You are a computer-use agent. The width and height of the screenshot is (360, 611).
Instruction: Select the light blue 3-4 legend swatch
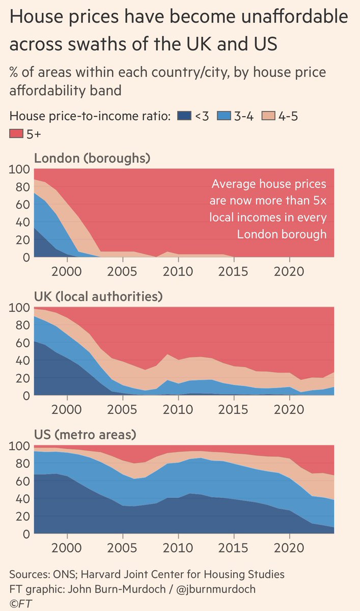tap(225, 117)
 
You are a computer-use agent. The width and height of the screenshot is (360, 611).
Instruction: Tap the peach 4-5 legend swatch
tap(269, 117)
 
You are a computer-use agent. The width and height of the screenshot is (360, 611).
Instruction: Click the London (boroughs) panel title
tap(92, 158)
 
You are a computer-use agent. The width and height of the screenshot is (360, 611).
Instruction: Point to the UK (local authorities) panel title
tap(105, 296)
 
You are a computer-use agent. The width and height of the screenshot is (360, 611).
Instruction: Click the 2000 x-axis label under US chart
tap(67, 548)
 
